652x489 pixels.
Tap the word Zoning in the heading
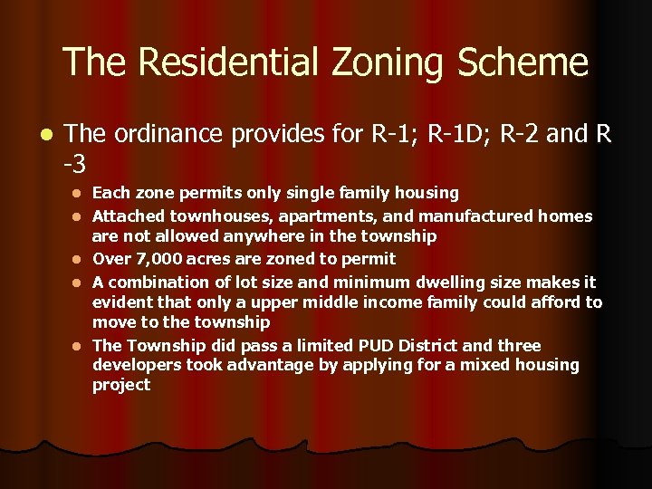pos(396,62)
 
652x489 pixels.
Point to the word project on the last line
pos(121,385)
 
